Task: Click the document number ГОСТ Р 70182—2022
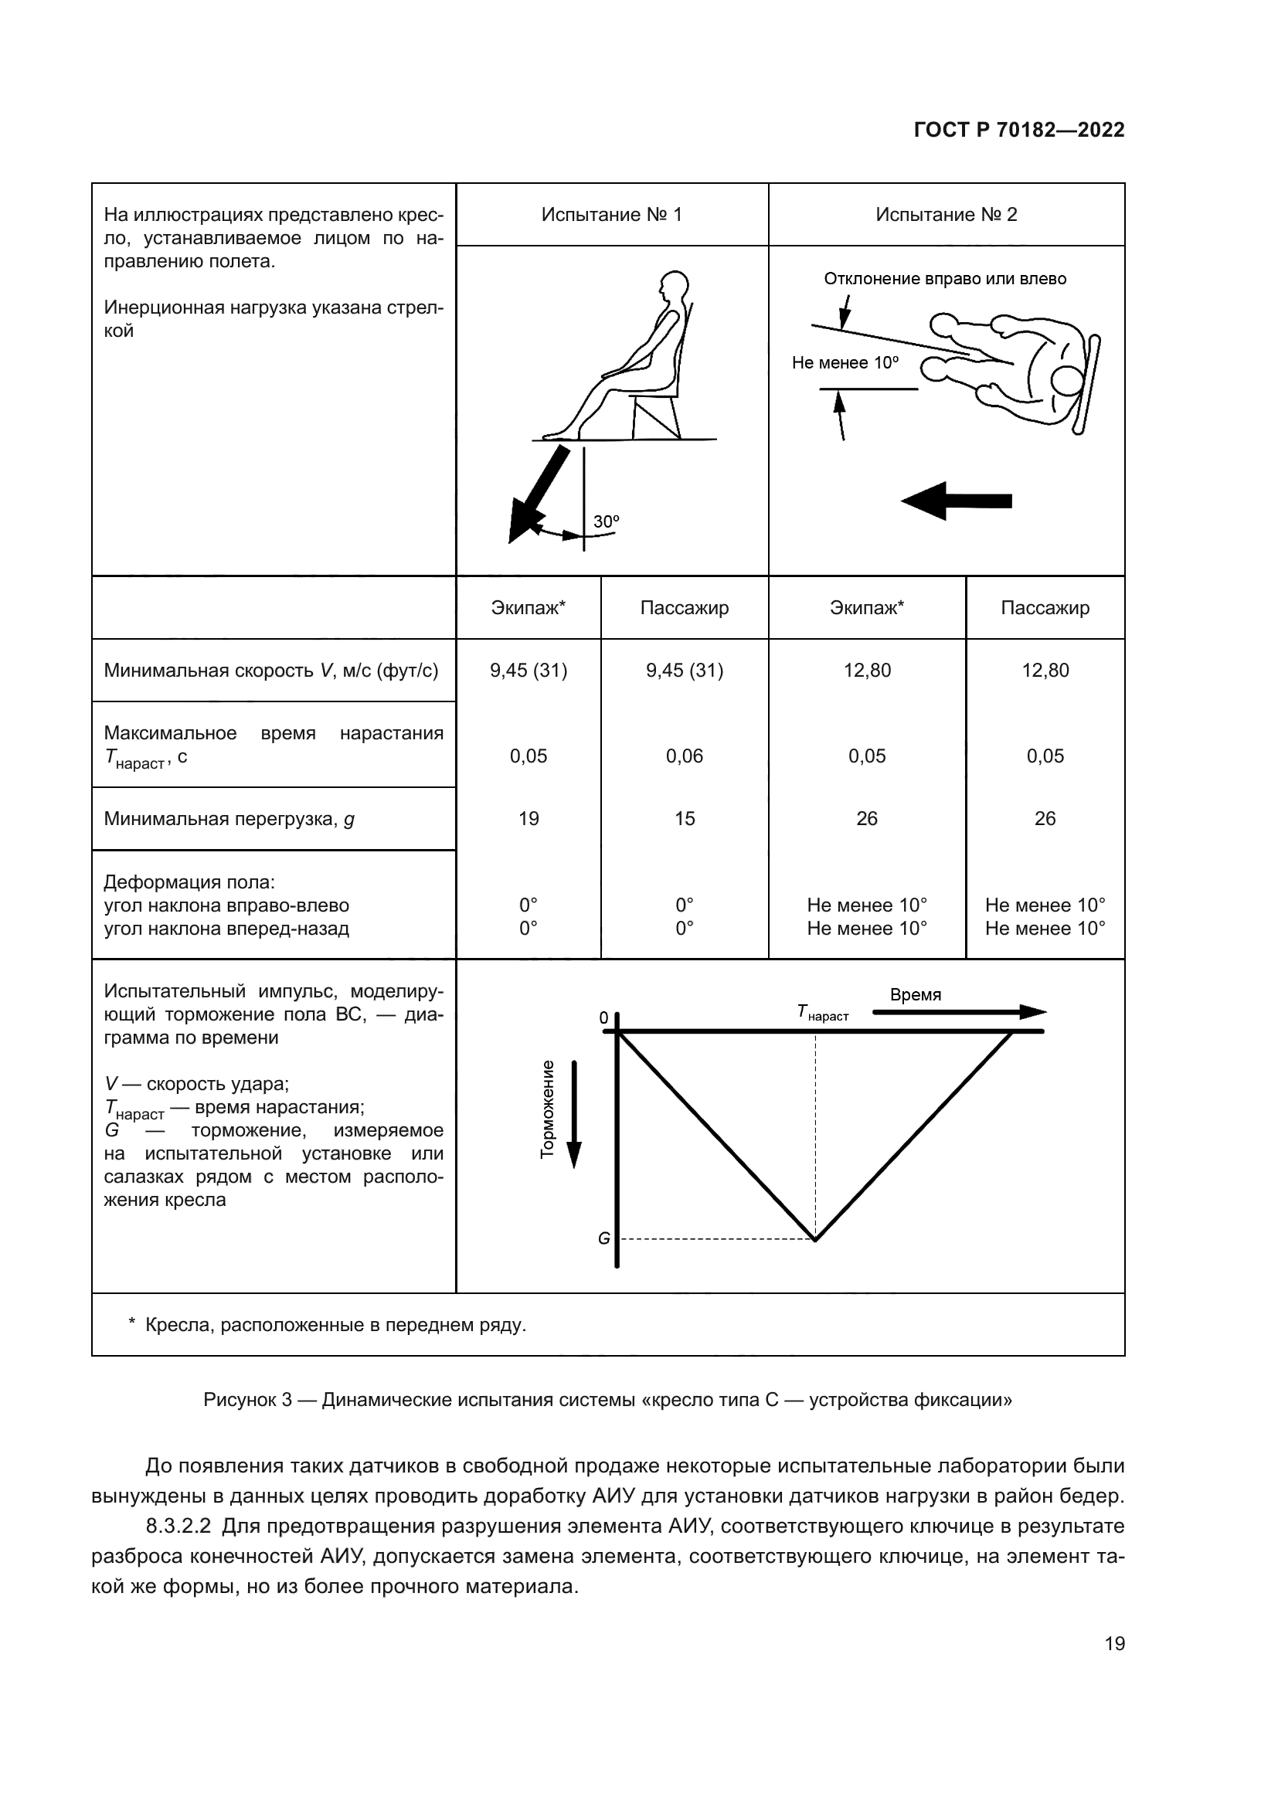[x=1018, y=130]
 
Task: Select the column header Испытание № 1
[x=611, y=215]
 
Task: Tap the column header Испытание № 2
[x=946, y=215]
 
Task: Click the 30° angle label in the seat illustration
[x=606, y=521]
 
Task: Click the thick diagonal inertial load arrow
[x=539, y=494]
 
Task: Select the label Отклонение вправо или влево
[x=944, y=279]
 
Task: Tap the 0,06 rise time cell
[x=684, y=756]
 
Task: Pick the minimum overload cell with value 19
[x=528, y=818]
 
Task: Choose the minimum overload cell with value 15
[x=684, y=818]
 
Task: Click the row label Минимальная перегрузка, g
[x=229, y=819]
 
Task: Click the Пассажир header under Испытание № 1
[x=684, y=607]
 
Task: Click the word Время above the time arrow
[x=915, y=994]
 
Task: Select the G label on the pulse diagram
[x=603, y=1238]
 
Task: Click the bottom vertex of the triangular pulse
[x=815, y=1241]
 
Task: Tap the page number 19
[x=1114, y=1643]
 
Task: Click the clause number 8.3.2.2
[x=178, y=1526]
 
